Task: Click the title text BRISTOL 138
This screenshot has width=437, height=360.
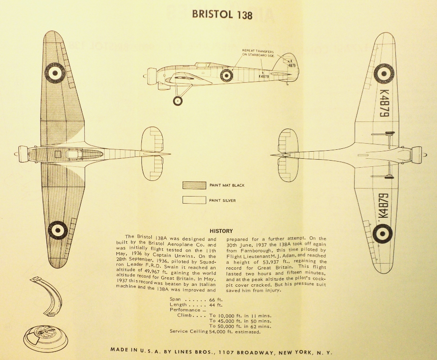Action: point(222,15)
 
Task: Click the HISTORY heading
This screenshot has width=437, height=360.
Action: point(221,231)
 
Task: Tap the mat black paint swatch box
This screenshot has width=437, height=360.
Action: point(194,185)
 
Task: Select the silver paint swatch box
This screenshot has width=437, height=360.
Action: point(194,200)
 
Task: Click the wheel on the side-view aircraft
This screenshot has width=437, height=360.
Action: point(178,101)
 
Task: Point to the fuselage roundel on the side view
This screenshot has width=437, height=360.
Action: point(227,75)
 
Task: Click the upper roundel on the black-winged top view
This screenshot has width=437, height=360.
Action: point(55,72)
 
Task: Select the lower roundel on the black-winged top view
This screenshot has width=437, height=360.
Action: point(58,230)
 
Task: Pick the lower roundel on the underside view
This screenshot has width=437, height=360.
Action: point(382,233)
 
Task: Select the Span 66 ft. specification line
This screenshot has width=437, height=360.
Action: point(196,300)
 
